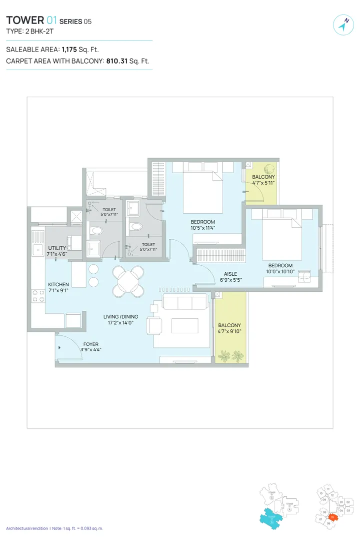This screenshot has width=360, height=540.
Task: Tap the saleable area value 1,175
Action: click(x=69, y=50)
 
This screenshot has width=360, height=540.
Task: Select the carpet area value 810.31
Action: click(x=117, y=61)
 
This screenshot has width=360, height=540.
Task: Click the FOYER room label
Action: click(x=91, y=344)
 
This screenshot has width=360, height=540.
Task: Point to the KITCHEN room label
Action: click(x=58, y=284)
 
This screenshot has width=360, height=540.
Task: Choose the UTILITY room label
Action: click(x=57, y=248)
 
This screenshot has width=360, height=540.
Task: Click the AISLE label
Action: click(x=230, y=274)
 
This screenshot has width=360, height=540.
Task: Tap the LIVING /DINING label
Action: click(x=120, y=316)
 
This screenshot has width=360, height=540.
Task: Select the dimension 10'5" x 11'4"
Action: click(x=202, y=229)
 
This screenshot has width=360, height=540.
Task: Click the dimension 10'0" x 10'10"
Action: click(x=280, y=272)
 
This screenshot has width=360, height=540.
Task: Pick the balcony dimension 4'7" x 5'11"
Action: click(x=263, y=183)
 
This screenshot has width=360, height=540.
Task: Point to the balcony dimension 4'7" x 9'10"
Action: click(x=229, y=331)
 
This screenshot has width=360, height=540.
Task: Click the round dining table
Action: click(x=128, y=281)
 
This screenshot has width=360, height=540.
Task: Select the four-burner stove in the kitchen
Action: click(x=37, y=296)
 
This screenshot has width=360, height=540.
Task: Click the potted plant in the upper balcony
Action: click(x=269, y=169)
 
